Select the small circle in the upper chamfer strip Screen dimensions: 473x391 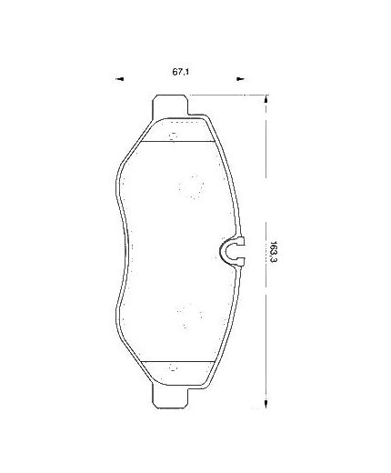[172, 137]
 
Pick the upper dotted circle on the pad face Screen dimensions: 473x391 [191, 186]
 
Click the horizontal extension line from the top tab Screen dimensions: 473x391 [227, 94]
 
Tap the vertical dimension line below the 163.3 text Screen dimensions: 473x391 [265, 337]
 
